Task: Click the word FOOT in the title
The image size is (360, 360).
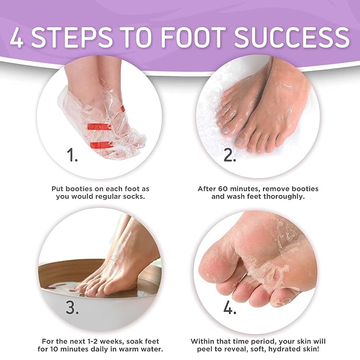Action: click(191, 37)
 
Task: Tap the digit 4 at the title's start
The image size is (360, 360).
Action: click(17, 37)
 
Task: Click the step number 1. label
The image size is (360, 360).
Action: click(72, 155)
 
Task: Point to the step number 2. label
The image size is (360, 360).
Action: click(230, 155)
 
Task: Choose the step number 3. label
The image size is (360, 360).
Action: click(72, 307)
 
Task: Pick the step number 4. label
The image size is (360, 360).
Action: click(230, 307)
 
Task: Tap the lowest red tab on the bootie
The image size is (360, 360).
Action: click(102, 145)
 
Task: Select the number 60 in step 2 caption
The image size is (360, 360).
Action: click(223, 189)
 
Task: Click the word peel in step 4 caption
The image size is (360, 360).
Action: click(205, 349)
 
